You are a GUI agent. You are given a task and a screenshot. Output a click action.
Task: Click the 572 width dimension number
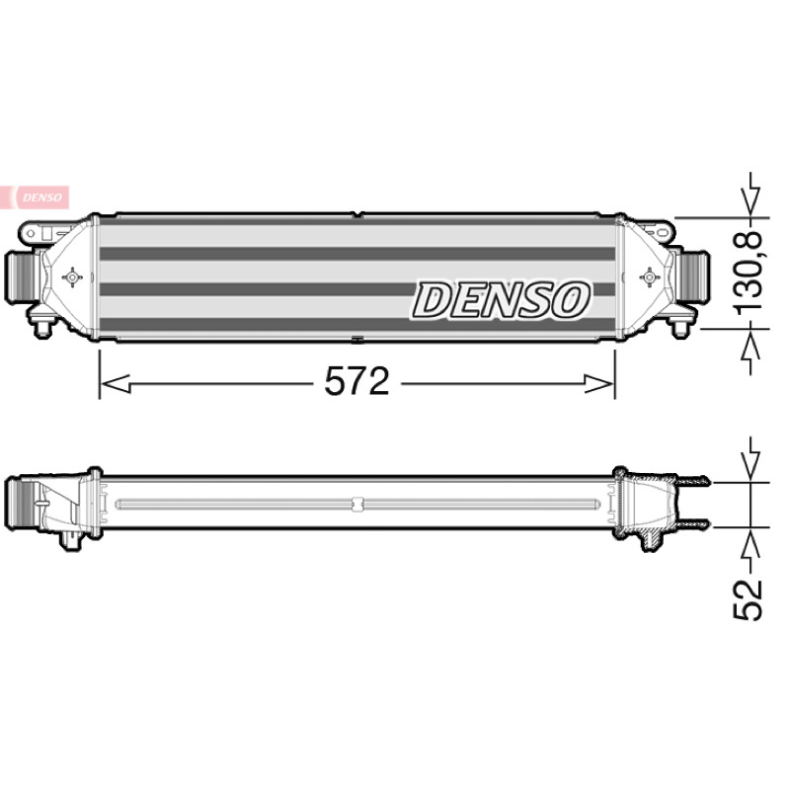click(x=356, y=381)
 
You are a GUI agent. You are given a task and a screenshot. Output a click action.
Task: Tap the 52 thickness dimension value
click(x=748, y=600)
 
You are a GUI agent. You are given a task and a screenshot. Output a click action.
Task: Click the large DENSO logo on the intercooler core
click(x=501, y=301)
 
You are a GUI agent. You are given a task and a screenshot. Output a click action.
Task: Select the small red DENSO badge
click(x=35, y=197)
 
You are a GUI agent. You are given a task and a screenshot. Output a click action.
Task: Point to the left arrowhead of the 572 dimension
click(x=116, y=383)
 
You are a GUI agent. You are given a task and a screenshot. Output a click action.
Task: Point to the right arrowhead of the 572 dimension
click(x=599, y=383)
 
